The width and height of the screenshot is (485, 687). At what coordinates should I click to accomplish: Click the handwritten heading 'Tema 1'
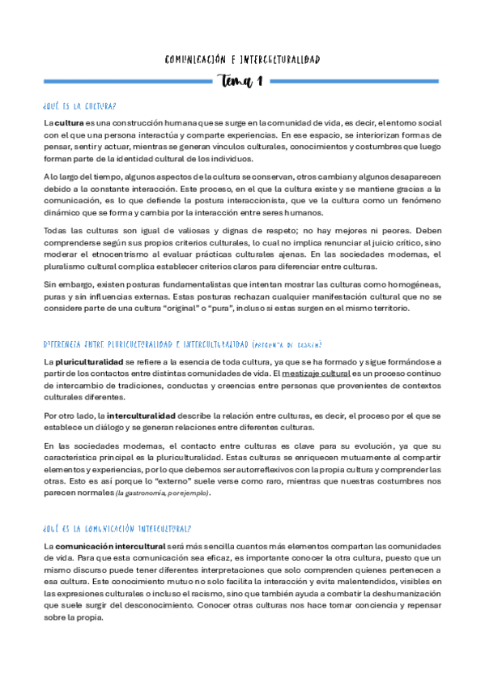pyautogui.click(x=241, y=81)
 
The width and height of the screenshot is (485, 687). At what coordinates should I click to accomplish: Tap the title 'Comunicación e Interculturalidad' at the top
pyautogui.click(x=242, y=60)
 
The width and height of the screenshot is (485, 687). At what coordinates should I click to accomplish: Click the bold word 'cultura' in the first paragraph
pyautogui.click(x=69, y=122)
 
